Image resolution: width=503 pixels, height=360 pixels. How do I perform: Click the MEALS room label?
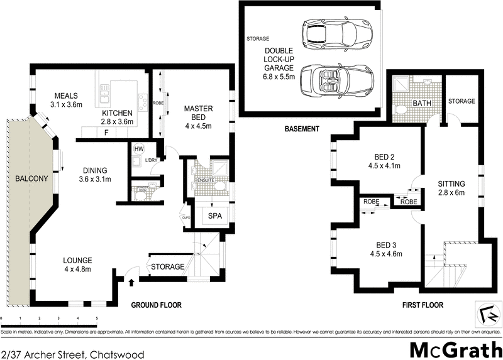tap(66, 96)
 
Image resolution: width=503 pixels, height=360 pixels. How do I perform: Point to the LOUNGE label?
tap(77, 260)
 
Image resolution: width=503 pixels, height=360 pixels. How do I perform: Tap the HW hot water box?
tap(140, 149)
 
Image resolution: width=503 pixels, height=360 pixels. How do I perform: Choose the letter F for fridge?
tap(106, 133)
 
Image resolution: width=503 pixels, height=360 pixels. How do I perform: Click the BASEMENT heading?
tap(302, 129)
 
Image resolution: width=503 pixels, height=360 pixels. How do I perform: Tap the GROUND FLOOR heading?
tap(156, 305)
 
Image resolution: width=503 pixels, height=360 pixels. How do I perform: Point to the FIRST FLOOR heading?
tap(422, 305)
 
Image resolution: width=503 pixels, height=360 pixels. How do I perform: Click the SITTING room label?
tap(451, 183)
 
